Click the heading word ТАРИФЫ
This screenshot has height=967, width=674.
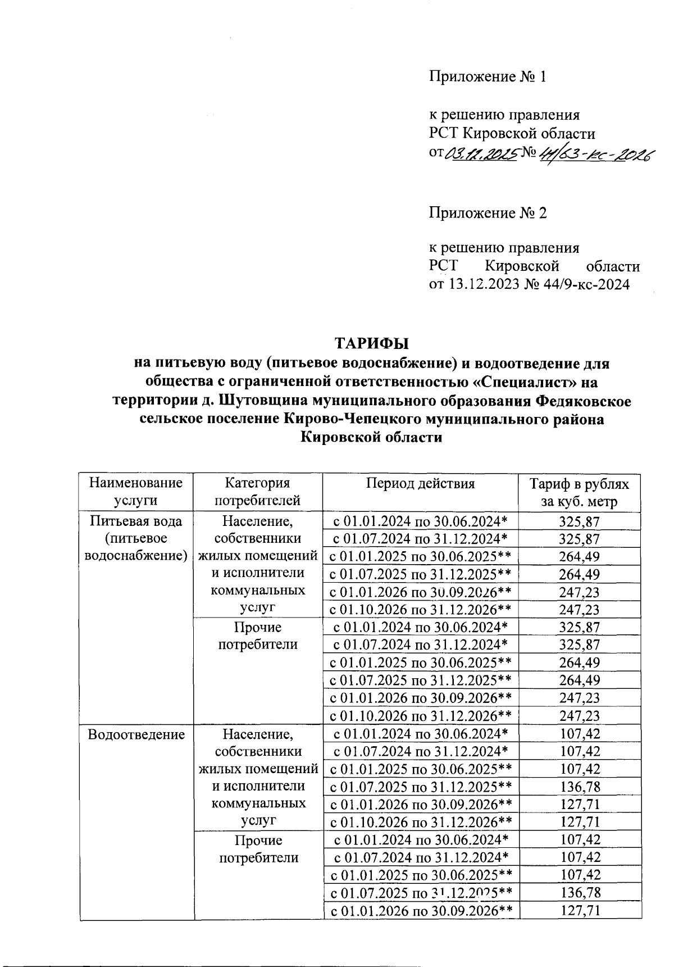(x=371, y=343)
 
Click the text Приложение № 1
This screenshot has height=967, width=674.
(x=488, y=76)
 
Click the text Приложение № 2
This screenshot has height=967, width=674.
(x=488, y=213)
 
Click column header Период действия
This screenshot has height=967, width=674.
(x=421, y=484)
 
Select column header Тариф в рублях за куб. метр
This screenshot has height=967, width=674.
(x=580, y=493)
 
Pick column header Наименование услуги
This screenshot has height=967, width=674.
(x=136, y=492)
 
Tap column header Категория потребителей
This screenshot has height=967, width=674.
(x=258, y=492)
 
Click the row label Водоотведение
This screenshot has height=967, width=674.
(x=136, y=734)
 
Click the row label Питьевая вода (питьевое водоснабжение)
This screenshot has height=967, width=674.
(x=136, y=538)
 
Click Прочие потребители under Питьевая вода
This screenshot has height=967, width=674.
(x=258, y=635)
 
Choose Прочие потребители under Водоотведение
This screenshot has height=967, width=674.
(x=258, y=849)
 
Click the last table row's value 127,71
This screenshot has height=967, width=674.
(x=580, y=910)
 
